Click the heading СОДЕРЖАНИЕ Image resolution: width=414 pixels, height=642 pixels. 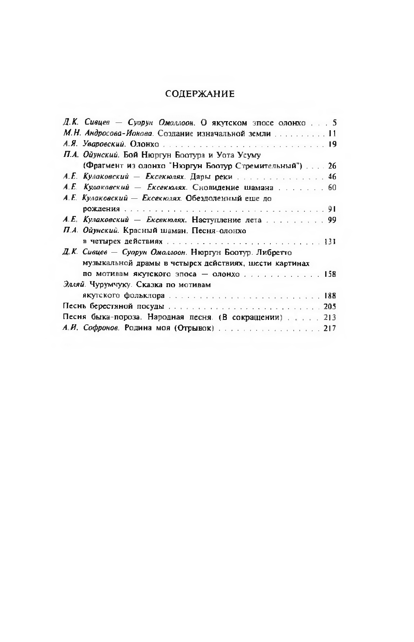coord(200,94)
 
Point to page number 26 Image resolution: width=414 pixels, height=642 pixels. coord(332,166)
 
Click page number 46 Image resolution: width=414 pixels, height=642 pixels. coord(332,177)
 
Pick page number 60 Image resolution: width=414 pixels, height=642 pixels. coord(332,188)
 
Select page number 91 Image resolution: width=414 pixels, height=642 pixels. coord(332,209)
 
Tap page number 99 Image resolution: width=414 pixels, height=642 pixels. coord(332,220)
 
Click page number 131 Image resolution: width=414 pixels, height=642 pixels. coord(330,241)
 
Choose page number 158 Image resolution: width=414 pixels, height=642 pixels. coord(330,274)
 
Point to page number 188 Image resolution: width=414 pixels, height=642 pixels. coord(330,296)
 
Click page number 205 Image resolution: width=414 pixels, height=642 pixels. coord(329,307)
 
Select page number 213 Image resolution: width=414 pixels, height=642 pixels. coord(329,318)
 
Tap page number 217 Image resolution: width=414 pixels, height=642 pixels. coord(329,329)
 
